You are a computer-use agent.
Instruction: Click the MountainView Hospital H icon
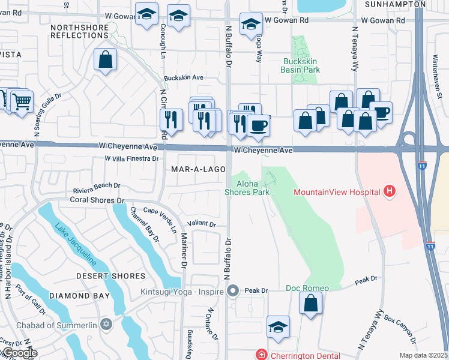click(390, 192)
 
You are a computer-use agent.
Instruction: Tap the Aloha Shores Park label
click(247, 188)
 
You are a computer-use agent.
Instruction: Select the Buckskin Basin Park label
click(300, 65)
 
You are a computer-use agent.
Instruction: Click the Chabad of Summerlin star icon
click(107, 325)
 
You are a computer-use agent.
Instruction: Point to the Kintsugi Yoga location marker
click(234, 291)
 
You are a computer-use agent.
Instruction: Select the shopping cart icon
click(22, 101)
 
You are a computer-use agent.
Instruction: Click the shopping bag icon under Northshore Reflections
click(105, 59)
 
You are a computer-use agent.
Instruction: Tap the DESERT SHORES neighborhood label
click(111, 276)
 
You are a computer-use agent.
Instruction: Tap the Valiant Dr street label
click(201, 224)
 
